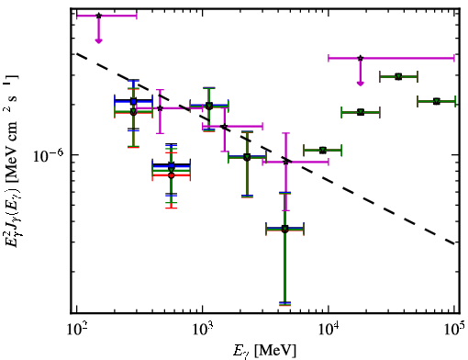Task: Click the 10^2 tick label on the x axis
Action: (x=76, y=329)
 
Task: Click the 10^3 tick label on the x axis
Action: (x=203, y=329)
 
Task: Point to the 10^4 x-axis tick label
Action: (x=329, y=329)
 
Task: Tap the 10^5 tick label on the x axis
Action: (x=454, y=329)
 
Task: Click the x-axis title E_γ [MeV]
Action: (x=264, y=350)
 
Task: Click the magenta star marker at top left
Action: (x=98, y=16)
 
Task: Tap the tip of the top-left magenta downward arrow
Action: (x=98, y=43)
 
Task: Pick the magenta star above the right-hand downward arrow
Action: (x=361, y=58)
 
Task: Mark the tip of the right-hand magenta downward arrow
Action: (x=361, y=85)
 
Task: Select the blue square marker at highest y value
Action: (x=133, y=101)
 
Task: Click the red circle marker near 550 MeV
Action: (x=172, y=175)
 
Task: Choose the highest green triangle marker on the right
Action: (x=398, y=76)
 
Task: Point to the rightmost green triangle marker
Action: (x=437, y=101)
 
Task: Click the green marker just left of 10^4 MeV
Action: (x=322, y=150)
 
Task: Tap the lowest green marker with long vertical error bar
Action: (x=284, y=229)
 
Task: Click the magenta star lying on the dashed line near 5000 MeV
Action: (x=286, y=162)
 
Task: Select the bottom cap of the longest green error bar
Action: (x=284, y=304)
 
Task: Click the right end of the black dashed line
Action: (x=454, y=244)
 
